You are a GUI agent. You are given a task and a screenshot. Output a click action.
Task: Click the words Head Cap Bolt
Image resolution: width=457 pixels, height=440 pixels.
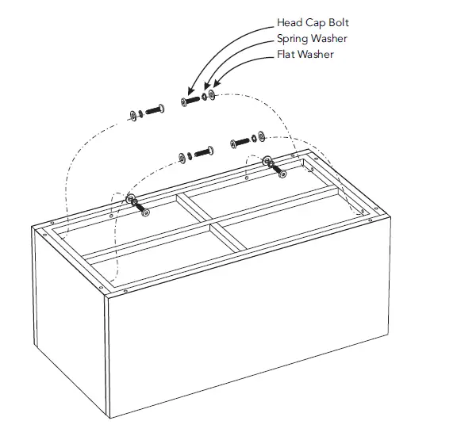click(312, 22)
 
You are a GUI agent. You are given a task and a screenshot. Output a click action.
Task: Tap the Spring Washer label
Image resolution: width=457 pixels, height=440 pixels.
click(312, 38)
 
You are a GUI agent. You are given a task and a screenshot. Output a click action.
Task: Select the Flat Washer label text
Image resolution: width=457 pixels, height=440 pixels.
click(305, 54)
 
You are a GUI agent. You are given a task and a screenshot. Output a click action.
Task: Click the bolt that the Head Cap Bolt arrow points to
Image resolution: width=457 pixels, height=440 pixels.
click(190, 101)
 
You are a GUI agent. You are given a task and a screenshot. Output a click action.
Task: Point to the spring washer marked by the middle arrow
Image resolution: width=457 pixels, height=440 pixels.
click(204, 98)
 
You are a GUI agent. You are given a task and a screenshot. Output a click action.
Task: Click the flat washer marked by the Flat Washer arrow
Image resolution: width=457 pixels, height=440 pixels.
click(212, 95)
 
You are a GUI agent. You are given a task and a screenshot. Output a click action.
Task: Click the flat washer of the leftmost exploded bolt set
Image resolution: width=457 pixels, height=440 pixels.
click(132, 117)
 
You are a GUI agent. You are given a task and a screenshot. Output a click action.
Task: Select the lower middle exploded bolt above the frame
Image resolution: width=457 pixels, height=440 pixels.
click(205, 151)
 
